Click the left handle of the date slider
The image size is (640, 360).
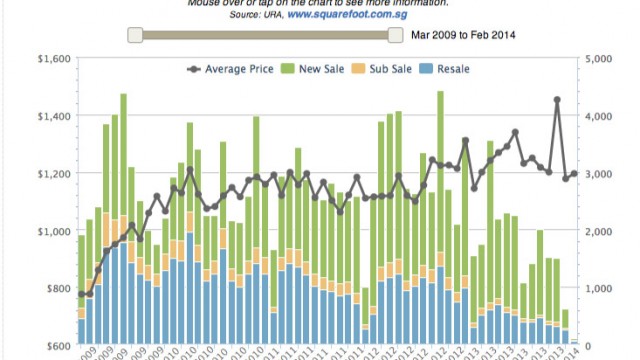134,35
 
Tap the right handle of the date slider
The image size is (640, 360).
395,35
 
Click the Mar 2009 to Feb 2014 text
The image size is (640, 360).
462,36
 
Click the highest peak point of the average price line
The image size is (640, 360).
557,100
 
